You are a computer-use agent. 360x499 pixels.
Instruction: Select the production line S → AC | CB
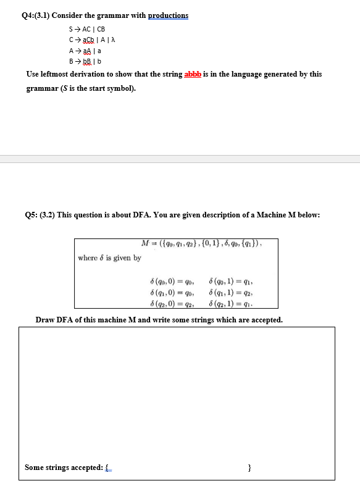[x=87, y=29]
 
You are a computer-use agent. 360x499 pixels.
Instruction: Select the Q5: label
[x=35, y=215]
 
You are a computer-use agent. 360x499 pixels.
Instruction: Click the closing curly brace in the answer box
[x=248, y=468]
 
